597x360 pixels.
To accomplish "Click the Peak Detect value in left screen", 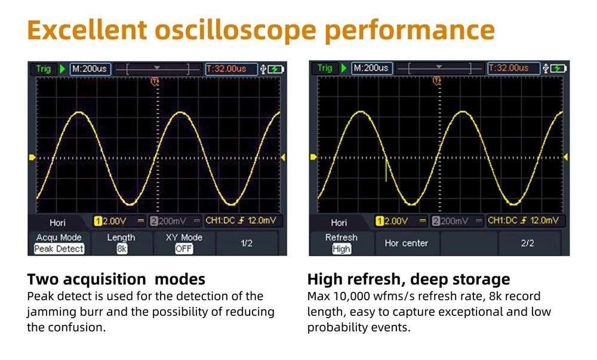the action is click(59, 249).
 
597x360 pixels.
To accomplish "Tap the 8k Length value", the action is click(121, 249).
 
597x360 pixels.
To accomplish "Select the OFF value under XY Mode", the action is click(184, 249).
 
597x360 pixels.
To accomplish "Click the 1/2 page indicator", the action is click(247, 243).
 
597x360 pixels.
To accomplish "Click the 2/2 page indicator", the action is click(527, 243).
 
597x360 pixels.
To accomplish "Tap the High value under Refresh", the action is click(341, 249).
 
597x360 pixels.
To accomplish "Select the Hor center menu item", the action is click(406, 243).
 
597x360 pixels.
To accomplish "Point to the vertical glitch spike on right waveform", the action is click(386, 170).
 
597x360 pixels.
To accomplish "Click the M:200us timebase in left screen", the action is click(90, 69).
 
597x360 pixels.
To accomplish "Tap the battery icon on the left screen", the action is click(276, 69).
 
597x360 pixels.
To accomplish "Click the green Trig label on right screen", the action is click(325, 68).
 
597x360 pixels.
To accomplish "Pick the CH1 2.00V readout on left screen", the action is click(110, 221).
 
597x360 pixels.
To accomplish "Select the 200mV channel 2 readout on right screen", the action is click(450, 221).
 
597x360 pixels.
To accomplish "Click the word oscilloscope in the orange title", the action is click(236, 30).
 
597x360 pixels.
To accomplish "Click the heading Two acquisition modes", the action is click(116, 279).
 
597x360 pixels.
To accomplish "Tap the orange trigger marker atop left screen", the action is click(155, 81).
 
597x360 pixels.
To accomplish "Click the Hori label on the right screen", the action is click(339, 223).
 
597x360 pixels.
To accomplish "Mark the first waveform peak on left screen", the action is click(79, 112).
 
